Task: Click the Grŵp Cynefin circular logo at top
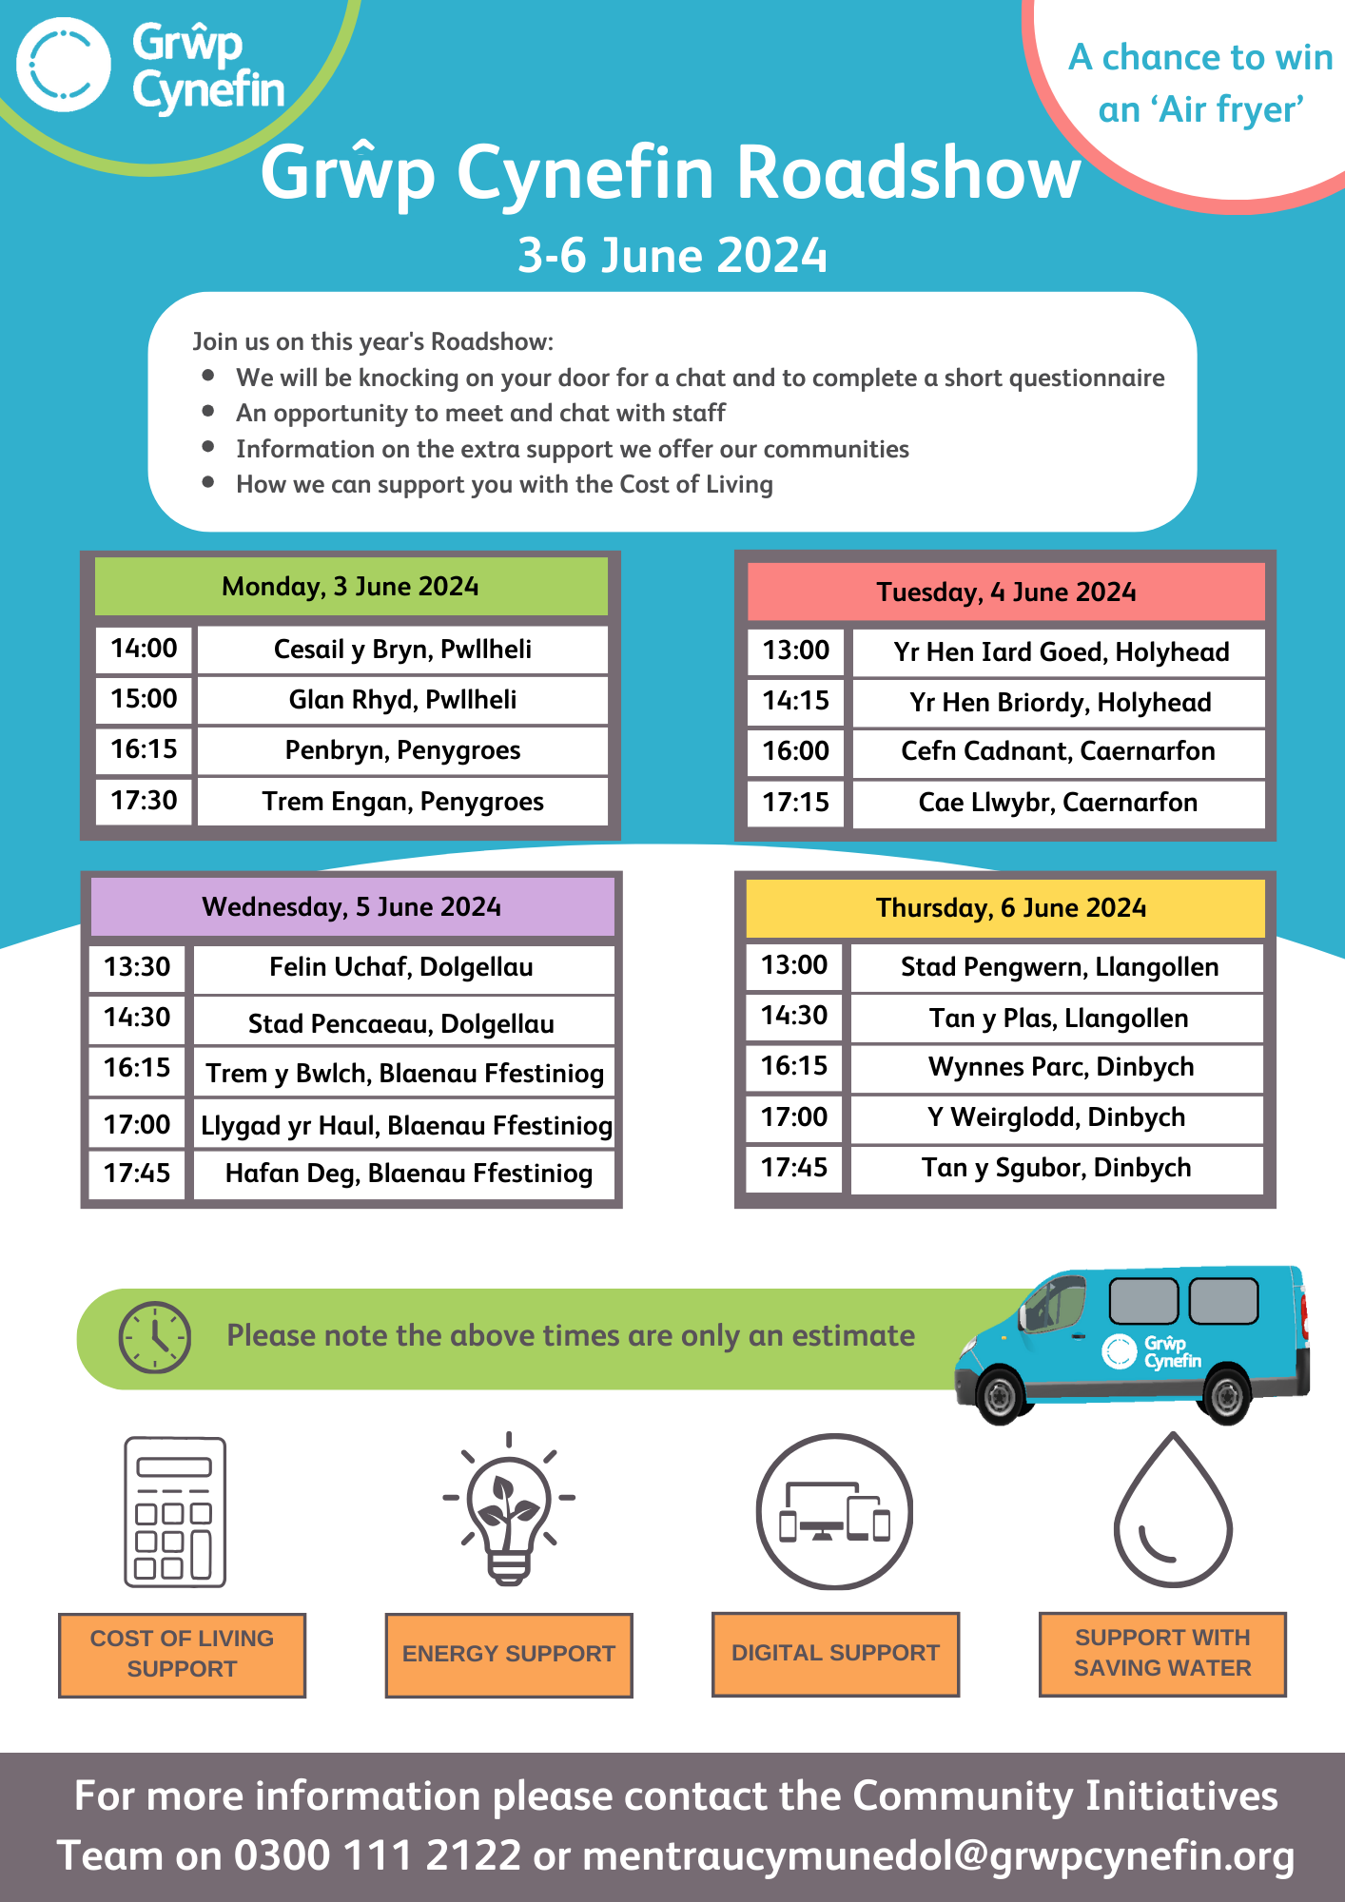64,65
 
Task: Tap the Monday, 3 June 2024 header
350,587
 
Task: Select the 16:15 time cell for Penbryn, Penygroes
144,749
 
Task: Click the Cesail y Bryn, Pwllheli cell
402,650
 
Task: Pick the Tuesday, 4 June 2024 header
1005,592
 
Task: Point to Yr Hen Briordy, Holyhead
1060,702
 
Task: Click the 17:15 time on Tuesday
795,803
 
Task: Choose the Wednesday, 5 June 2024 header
351,906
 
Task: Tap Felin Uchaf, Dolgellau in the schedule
401,967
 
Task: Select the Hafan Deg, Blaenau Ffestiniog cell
408,1174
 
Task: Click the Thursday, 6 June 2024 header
1010,908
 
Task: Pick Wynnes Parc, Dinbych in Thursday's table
1061,1067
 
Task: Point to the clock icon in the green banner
154,1337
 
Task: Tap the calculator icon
175,1511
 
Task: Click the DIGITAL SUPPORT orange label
835,1653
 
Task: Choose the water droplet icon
1173,1512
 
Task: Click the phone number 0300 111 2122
378,1855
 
